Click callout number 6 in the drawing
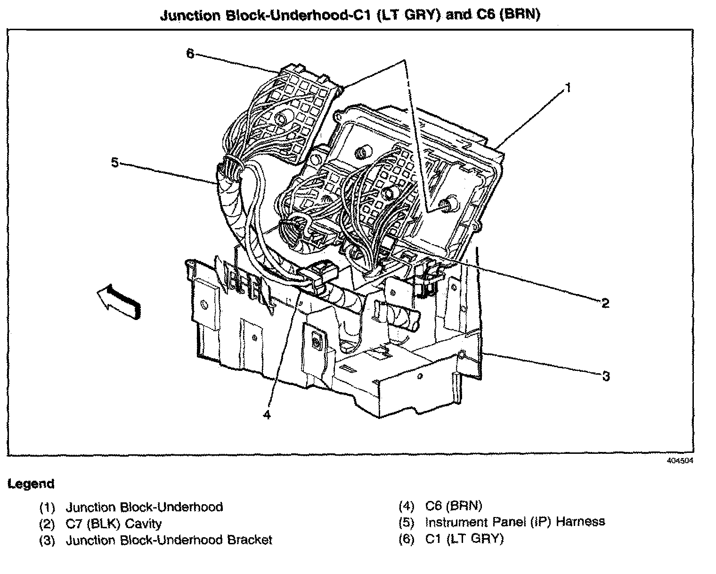190,54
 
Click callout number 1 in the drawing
569,88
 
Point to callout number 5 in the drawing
114,163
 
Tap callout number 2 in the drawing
605,303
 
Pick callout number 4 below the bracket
267,415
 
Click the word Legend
31,484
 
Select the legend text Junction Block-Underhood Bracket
168,540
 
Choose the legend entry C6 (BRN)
453,506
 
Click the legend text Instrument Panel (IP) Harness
514,522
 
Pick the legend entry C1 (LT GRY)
464,538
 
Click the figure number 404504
680,460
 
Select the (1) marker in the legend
47,508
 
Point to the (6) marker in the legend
406,538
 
